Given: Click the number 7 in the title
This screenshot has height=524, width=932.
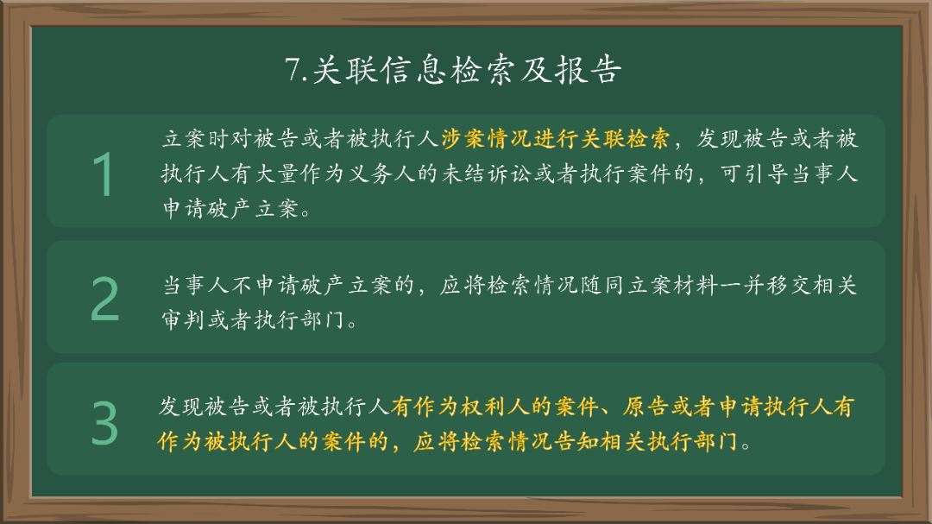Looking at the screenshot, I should tap(293, 70).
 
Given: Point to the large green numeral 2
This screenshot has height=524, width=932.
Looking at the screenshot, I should tap(105, 300).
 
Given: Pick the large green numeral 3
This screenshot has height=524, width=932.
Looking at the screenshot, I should tap(104, 423).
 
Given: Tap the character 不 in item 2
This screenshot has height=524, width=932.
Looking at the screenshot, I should tap(243, 287).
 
